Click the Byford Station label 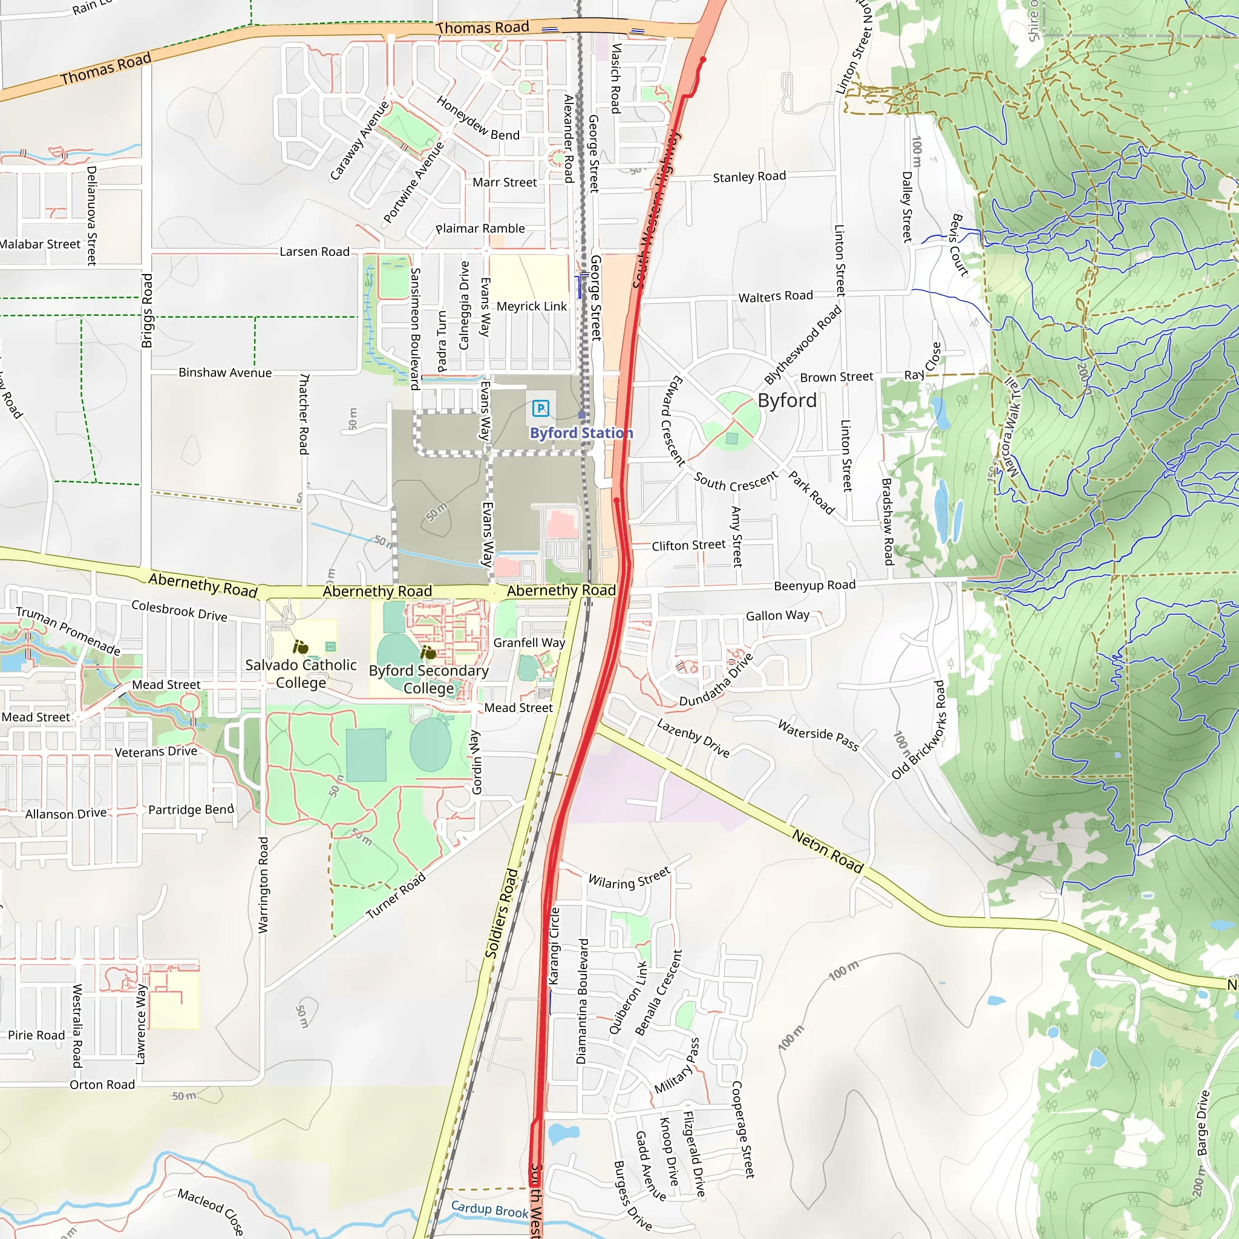[x=581, y=433]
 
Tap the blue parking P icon [x=541, y=408]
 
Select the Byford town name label [x=787, y=401]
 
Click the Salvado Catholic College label [x=301, y=673]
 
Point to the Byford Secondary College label [x=428, y=679]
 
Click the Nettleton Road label [x=827, y=851]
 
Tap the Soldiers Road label [x=502, y=913]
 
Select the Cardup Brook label [x=490, y=1209]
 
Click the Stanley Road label [x=749, y=177]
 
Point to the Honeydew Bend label [x=478, y=119]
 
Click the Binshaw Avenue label [x=225, y=373]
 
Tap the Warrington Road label [x=263, y=884]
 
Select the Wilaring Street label [x=629, y=878]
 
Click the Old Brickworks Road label [x=919, y=730]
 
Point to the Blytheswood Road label [x=802, y=345]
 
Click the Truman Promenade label [x=68, y=631]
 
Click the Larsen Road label [x=314, y=252]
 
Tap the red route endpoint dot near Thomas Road [x=703, y=60]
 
